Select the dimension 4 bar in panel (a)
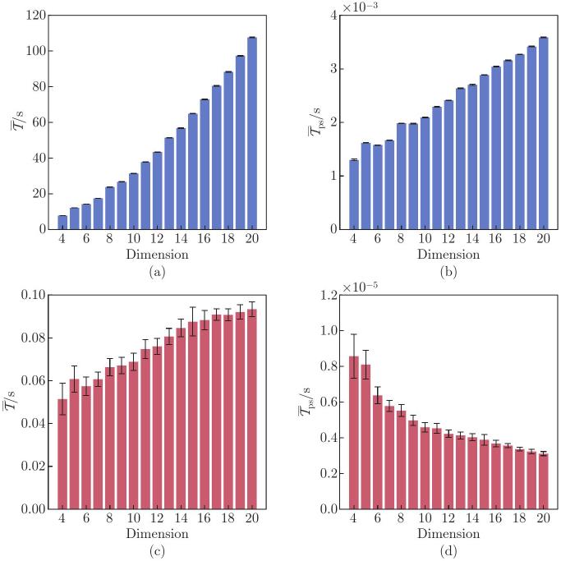[62, 223]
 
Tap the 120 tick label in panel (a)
[34, 15]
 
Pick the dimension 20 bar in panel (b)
[543, 133]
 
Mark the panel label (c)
[156, 550]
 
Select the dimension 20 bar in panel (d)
[543, 481]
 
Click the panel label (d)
[448, 550]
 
